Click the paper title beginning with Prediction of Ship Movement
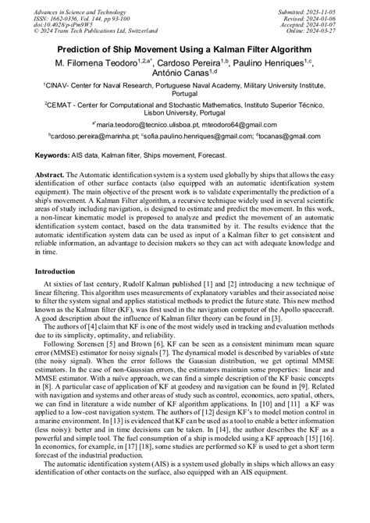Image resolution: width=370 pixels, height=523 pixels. click(184, 48)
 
